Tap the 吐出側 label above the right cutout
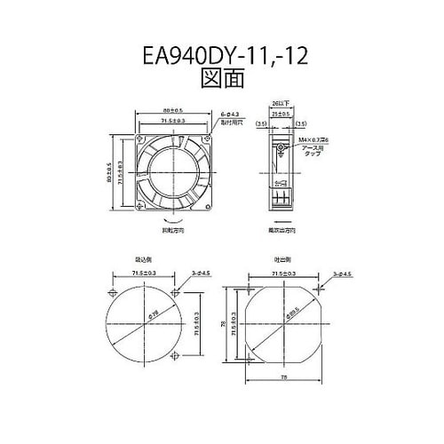pos(283,258)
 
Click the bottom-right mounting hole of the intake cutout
pos(173,355)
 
